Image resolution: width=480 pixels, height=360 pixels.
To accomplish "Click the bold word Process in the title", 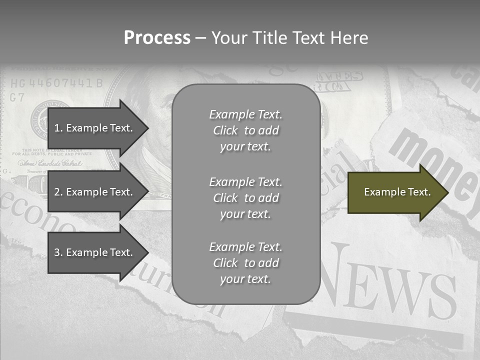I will [x=157, y=37].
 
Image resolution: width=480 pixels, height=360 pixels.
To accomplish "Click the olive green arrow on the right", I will [x=395, y=192].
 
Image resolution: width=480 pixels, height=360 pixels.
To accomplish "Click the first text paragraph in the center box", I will [x=245, y=130].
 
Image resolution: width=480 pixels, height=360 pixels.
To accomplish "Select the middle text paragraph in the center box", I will [x=245, y=197].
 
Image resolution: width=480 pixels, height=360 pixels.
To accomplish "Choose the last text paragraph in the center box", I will [x=245, y=263].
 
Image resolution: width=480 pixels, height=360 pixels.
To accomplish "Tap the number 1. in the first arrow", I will [x=58, y=128].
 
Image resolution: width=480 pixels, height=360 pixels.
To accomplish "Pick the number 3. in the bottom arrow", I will [x=58, y=252].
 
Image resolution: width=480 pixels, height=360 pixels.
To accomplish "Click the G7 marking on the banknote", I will [x=17, y=97].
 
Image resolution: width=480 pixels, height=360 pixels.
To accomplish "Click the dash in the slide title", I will [x=200, y=38].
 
